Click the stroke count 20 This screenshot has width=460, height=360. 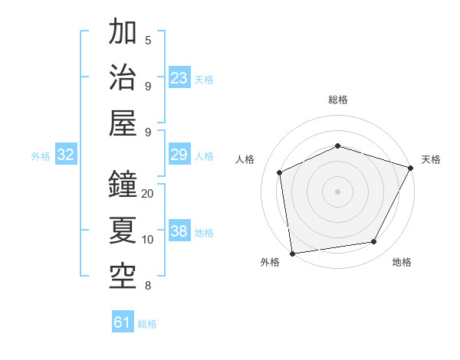click(148, 193)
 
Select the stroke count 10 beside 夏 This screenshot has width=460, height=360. click(148, 240)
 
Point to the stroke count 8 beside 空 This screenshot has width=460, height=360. click(148, 286)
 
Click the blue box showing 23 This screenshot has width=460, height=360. click(179, 78)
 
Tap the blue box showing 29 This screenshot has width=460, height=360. click(179, 155)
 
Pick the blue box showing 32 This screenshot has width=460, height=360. click(66, 155)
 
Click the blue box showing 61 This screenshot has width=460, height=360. click(123, 322)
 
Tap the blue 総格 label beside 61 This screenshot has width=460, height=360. click(148, 324)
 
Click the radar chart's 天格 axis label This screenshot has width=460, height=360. click(431, 159)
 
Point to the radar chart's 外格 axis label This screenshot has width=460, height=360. click(270, 262)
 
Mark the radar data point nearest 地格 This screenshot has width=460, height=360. click(374, 242)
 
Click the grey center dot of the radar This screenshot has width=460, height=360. click(337, 191)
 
